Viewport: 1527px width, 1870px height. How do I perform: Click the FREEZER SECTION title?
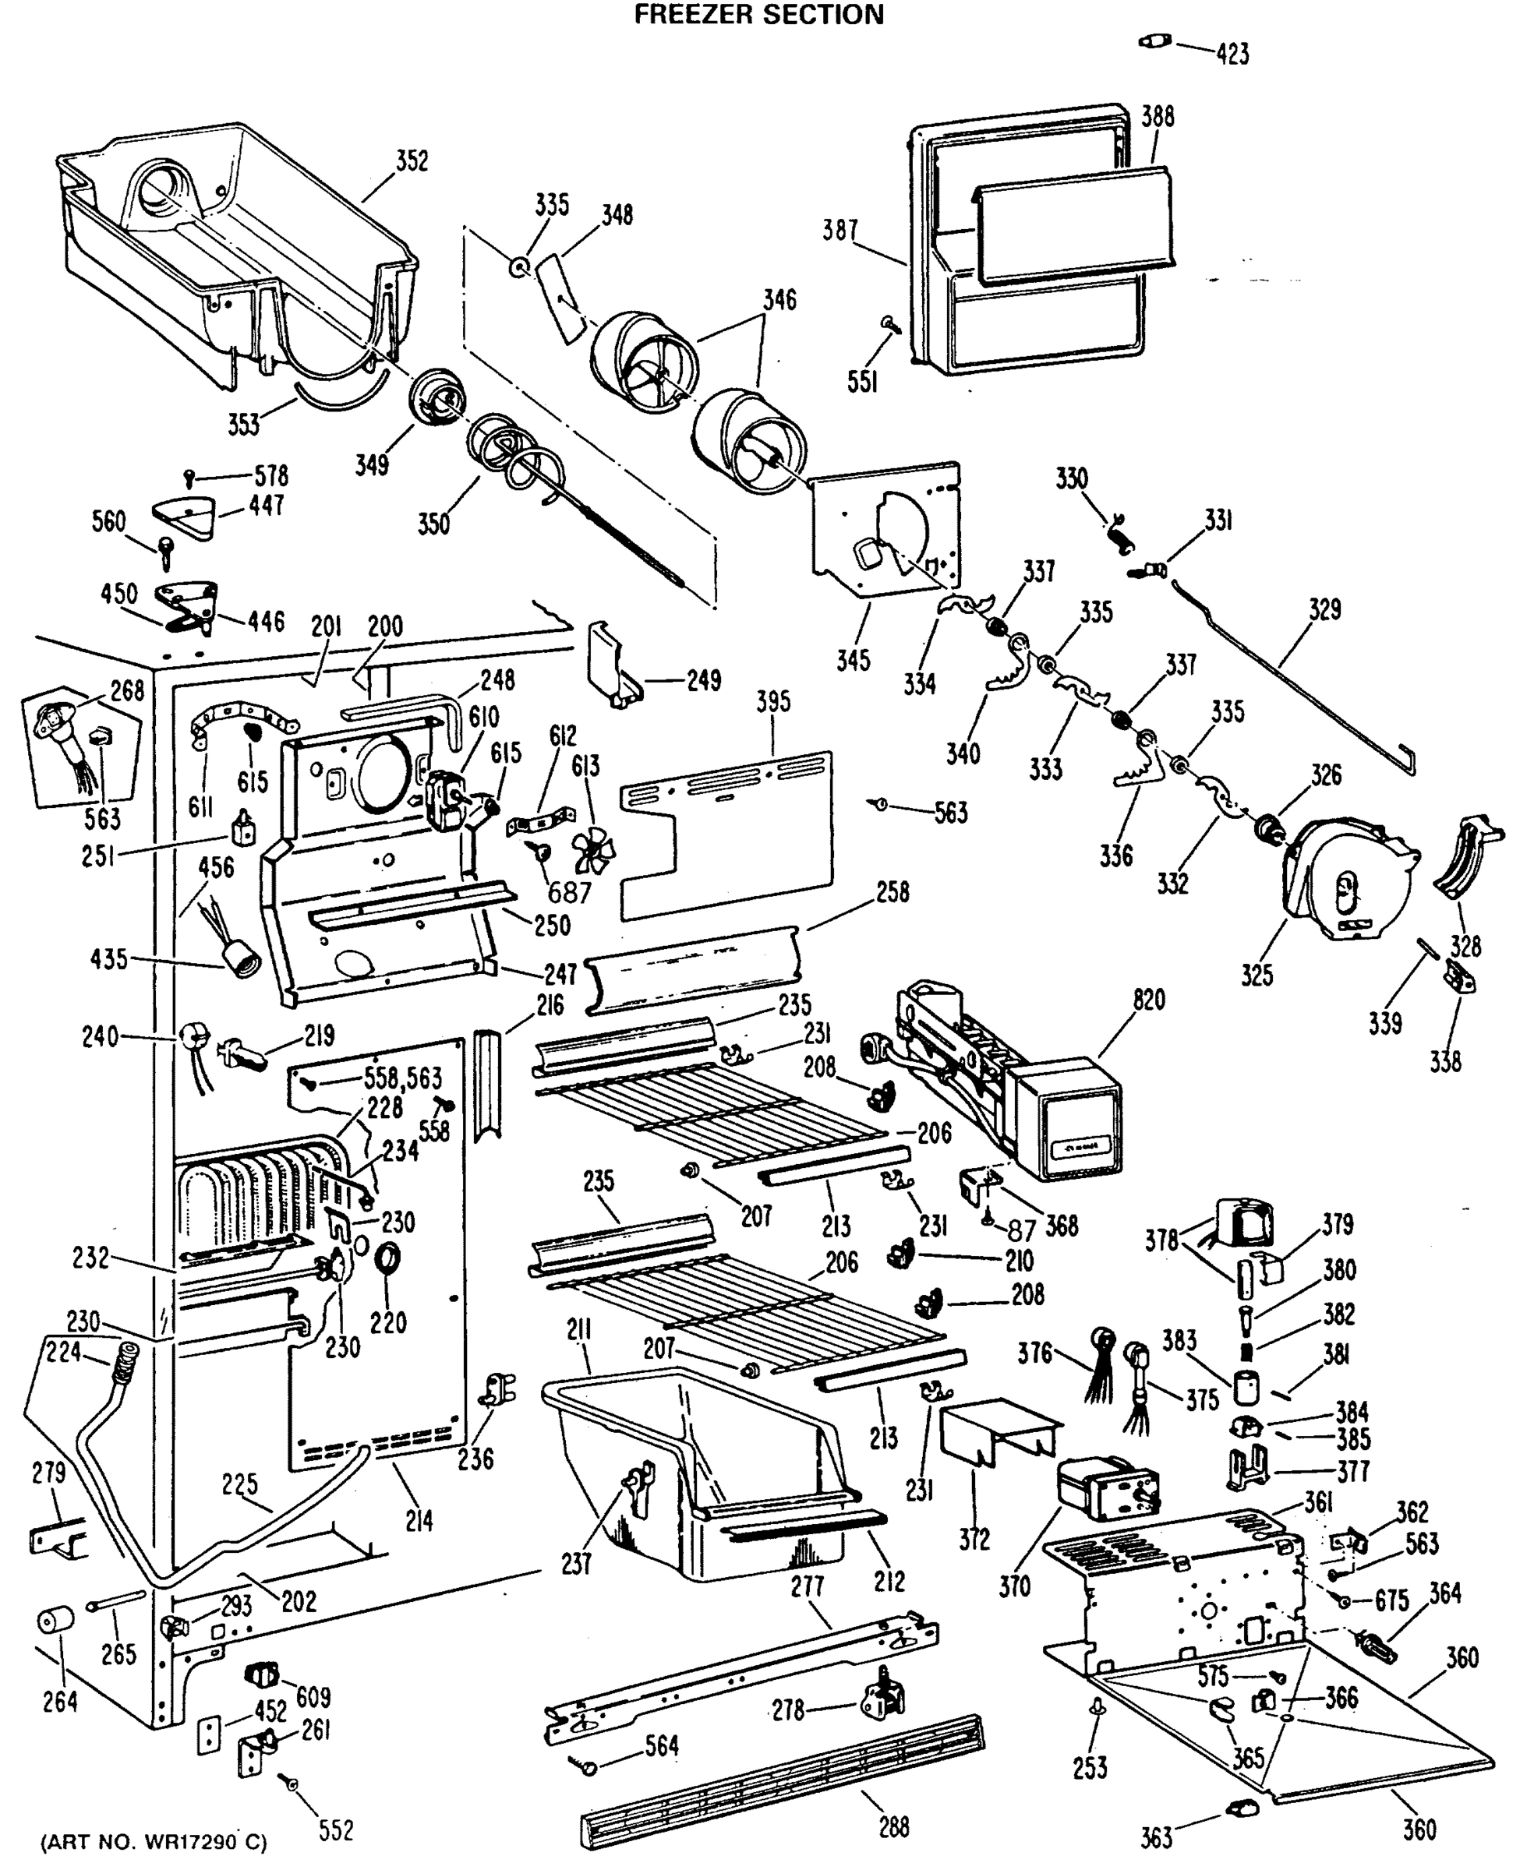759,15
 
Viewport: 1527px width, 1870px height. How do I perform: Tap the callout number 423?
1232,55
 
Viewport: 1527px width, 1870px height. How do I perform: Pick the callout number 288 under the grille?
894,1827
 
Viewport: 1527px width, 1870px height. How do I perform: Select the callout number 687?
569,893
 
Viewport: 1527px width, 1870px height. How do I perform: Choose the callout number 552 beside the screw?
335,1830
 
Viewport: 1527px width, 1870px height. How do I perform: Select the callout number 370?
1014,1586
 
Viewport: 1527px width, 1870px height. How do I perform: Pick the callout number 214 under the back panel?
419,1520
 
